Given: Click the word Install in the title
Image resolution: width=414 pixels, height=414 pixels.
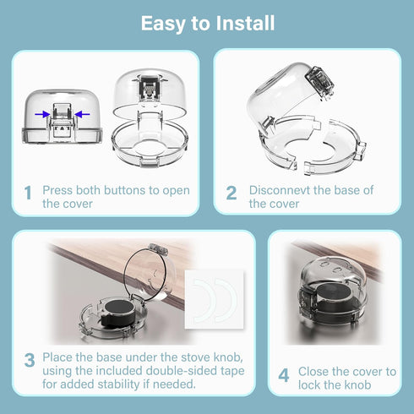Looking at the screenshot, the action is click(x=245, y=23).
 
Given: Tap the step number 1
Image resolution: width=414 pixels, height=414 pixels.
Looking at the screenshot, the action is click(x=28, y=193).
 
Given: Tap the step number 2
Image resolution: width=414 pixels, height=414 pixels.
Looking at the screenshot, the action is click(x=232, y=193).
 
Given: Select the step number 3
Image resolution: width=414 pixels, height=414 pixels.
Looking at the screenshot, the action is click(x=30, y=360).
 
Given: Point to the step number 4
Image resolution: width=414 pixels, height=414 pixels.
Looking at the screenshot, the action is click(x=284, y=375).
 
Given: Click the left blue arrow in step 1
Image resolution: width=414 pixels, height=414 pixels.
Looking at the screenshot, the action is click(x=42, y=114).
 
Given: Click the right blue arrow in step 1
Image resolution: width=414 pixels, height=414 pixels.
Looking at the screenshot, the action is click(x=82, y=114).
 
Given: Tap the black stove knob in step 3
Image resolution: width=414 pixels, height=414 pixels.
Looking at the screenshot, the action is click(x=117, y=313).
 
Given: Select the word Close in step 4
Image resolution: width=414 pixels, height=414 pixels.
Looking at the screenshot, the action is click(x=313, y=372).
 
